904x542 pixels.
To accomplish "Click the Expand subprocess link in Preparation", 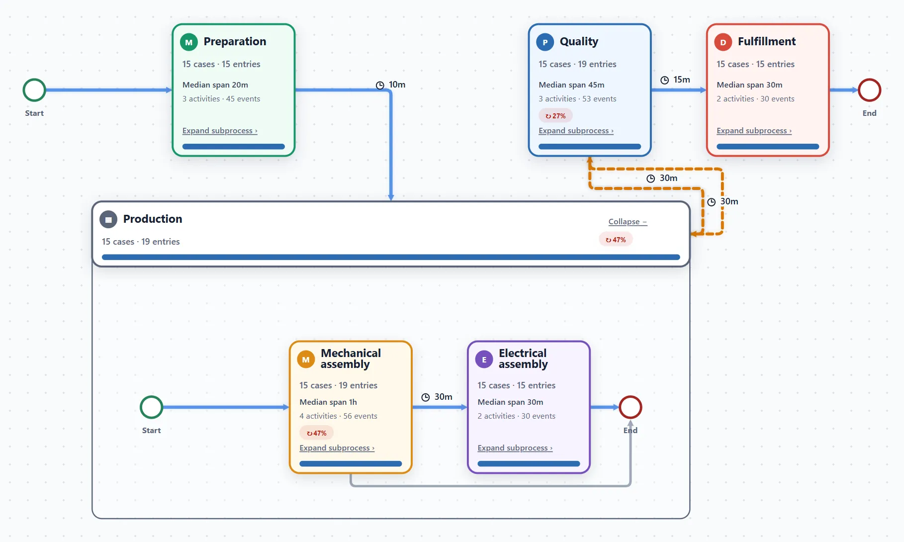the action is [220, 131].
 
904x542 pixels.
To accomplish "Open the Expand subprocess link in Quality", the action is [576, 131].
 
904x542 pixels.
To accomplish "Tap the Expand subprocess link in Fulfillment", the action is [754, 131].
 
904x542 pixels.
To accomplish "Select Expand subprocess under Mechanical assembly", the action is [337, 448].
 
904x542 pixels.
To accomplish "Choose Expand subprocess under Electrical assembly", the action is [515, 448].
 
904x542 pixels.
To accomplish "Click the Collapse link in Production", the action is [628, 222].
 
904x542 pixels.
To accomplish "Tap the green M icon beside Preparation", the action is [189, 42].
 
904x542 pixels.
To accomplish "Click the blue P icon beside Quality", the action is [545, 42].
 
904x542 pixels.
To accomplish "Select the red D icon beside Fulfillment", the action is [723, 42].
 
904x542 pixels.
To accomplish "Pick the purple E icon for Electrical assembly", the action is [484, 360].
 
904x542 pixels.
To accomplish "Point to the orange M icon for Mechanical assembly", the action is [306, 360].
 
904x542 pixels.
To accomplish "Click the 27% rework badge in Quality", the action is [555, 116].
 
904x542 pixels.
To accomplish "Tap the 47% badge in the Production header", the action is [616, 240].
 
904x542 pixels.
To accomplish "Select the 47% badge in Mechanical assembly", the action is [316, 433].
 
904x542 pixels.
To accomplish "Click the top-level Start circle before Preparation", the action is [34, 90].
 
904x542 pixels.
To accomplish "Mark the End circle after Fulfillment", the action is [869, 90].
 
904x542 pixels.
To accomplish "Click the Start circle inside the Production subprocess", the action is [152, 407].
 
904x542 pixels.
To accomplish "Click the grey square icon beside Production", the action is [108, 219].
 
